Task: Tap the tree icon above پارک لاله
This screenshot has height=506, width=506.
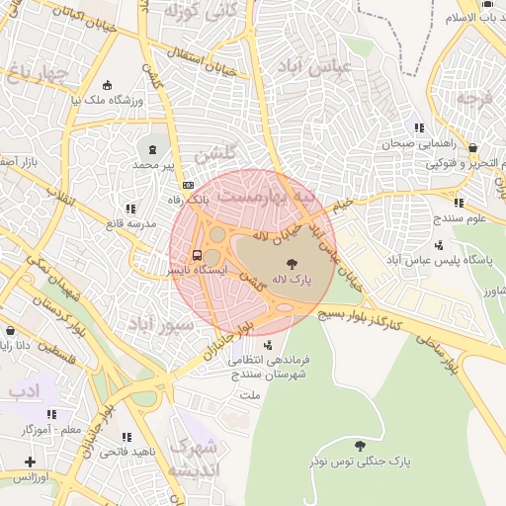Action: [x=293, y=263]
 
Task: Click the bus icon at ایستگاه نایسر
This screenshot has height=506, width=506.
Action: [x=197, y=253]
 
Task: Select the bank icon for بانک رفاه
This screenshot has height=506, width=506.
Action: [x=188, y=185]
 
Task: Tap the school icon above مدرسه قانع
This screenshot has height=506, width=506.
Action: [x=130, y=208]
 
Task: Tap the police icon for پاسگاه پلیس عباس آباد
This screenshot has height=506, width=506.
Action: [x=439, y=244]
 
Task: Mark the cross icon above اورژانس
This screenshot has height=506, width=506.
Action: [x=31, y=462]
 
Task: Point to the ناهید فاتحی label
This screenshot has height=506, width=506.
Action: [x=126, y=452]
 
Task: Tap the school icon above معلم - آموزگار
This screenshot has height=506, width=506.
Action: [x=51, y=414]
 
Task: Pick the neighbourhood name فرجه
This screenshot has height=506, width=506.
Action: [x=474, y=98]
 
